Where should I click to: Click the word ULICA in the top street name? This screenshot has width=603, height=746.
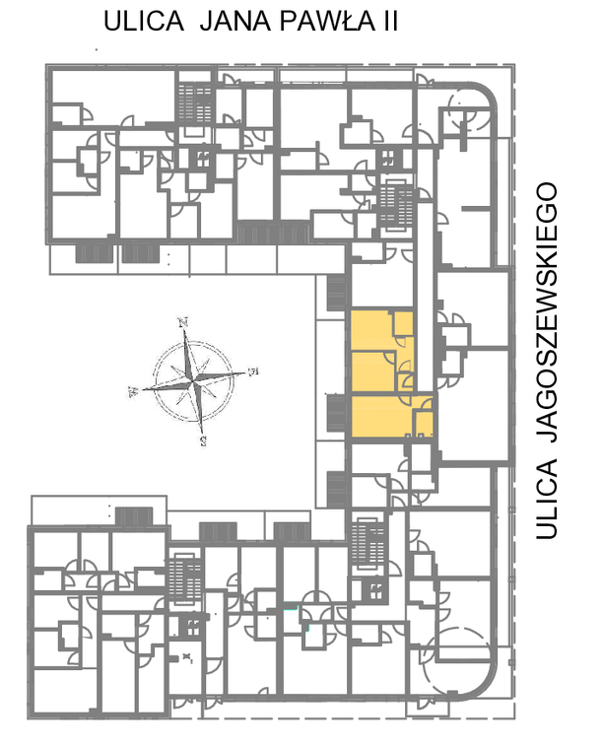[144, 22]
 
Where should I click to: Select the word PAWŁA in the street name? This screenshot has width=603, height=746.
[327, 22]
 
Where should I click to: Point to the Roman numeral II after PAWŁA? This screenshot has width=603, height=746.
[389, 22]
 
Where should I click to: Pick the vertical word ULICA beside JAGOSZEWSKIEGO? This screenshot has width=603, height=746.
[546, 499]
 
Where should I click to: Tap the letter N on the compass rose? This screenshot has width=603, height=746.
[183, 322]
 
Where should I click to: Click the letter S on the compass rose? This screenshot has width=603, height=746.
[204, 441]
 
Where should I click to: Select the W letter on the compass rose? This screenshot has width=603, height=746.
[133, 391]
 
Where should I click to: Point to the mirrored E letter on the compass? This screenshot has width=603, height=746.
[253, 371]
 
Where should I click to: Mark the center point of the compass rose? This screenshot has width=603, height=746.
[193, 381]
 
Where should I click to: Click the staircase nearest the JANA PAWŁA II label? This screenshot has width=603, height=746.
[195, 102]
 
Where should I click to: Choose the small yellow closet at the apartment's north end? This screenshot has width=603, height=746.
[403, 323]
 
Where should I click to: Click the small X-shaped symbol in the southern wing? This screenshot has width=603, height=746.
[188, 658]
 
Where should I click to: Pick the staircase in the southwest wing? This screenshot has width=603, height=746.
[185, 577]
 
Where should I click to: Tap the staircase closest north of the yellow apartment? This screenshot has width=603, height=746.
[397, 206]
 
